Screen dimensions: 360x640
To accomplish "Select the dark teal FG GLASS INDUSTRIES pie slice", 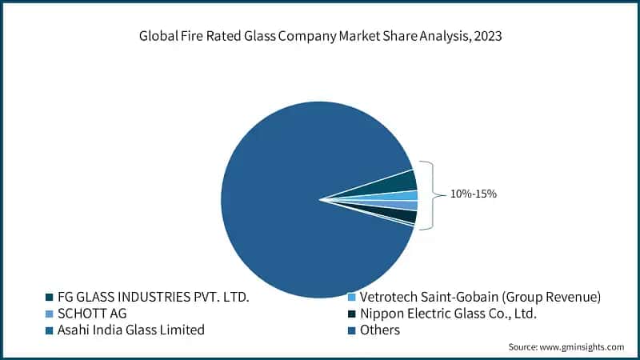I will [400, 183].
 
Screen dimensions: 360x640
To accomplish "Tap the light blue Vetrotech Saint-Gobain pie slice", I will [409, 195].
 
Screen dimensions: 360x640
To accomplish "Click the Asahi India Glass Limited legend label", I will [131, 330].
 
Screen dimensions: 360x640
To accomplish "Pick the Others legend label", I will [380, 330].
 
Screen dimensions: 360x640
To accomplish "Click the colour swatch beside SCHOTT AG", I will [50, 314].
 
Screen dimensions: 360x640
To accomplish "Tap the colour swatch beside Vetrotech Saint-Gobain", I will [351, 298].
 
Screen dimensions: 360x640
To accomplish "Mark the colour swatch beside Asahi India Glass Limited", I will [50, 330].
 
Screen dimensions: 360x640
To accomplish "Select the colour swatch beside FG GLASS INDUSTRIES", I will [50, 298].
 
